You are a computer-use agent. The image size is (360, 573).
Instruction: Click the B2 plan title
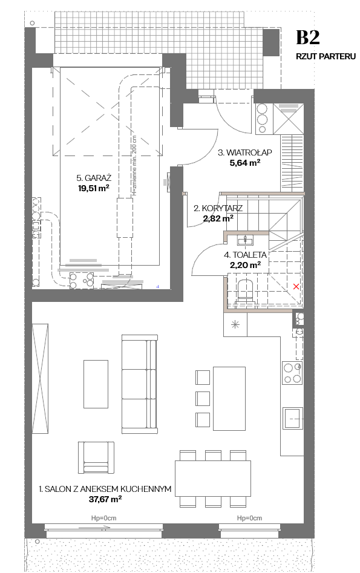point(308,38)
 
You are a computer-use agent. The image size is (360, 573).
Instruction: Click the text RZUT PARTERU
point(326,56)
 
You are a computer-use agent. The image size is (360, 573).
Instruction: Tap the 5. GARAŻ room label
point(94,178)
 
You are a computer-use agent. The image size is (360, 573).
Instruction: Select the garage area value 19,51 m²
point(94,188)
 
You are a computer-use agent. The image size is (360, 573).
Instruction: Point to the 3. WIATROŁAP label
point(245,152)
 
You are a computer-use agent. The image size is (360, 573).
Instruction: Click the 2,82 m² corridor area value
point(218,218)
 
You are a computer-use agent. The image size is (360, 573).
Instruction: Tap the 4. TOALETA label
point(245,255)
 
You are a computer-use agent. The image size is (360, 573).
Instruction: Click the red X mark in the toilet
point(296,287)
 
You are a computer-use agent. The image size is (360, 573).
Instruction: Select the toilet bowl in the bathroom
point(245,290)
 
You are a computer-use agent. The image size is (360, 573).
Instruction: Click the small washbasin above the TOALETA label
point(245,240)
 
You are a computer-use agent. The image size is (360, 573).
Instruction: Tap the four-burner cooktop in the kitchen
point(292,373)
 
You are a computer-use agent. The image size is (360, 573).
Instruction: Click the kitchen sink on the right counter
point(293,417)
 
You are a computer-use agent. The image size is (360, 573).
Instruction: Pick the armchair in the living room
point(96,457)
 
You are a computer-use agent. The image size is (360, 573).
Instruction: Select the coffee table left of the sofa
point(96,384)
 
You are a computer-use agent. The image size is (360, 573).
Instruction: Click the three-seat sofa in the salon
point(140,384)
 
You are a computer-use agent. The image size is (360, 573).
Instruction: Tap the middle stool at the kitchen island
point(203,398)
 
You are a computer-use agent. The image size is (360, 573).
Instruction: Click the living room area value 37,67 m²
point(105,499)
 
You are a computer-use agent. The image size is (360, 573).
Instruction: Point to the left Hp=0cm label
point(104,518)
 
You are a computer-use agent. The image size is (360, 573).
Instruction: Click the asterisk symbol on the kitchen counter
point(235,324)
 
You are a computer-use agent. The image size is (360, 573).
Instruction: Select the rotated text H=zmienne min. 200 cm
point(134,166)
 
